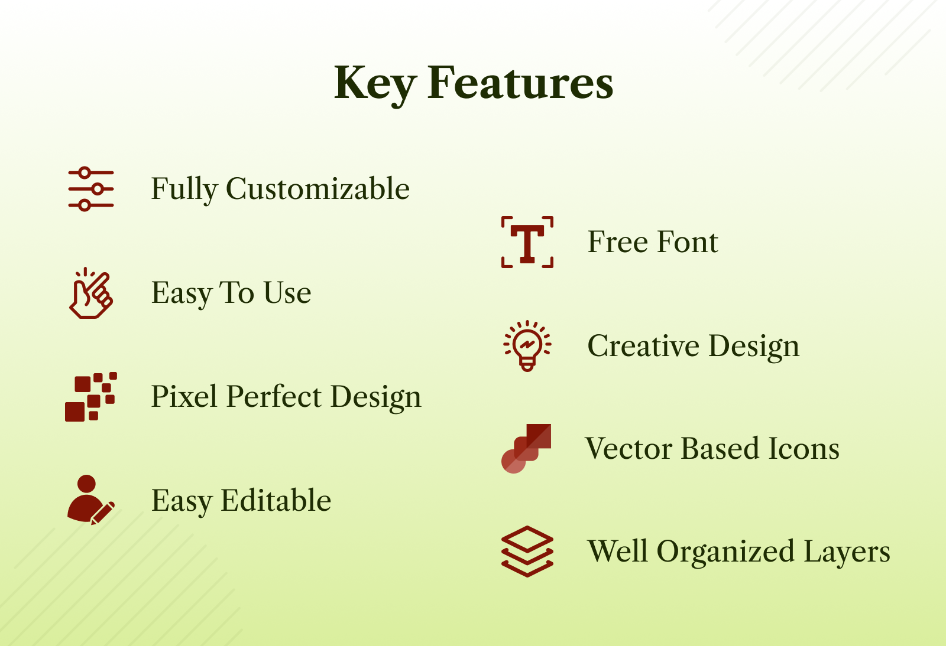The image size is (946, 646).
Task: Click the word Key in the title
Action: pyautogui.click(x=375, y=85)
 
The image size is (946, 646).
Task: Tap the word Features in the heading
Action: pyautogui.click(x=520, y=83)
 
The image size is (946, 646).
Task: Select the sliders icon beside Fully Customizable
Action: pyautogui.click(x=91, y=189)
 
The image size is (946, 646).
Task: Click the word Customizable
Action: pyautogui.click(x=318, y=188)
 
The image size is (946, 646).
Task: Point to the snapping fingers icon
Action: pyautogui.click(x=91, y=293)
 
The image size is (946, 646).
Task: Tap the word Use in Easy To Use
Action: pyautogui.click(x=287, y=292)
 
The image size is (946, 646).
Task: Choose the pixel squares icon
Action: pyautogui.click(x=91, y=397)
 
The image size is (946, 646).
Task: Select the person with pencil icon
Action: pyautogui.click(x=91, y=500)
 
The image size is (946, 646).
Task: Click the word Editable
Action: pyautogui.click(x=276, y=500)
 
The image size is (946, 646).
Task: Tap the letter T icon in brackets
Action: pyautogui.click(x=527, y=242)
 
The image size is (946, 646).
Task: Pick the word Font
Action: pyautogui.click(x=688, y=242)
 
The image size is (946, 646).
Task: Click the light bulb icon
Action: pyautogui.click(x=527, y=346)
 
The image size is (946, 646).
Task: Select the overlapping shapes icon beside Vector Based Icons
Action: pyautogui.click(x=526, y=449)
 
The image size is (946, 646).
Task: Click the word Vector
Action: pyautogui.click(x=629, y=448)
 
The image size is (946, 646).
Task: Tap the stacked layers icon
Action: pyautogui.click(x=527, y=551)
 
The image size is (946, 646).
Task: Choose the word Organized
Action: pyautogui.click(x=725, y=552)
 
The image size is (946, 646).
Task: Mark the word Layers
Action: pyautogui.click(x=847, y=552)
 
